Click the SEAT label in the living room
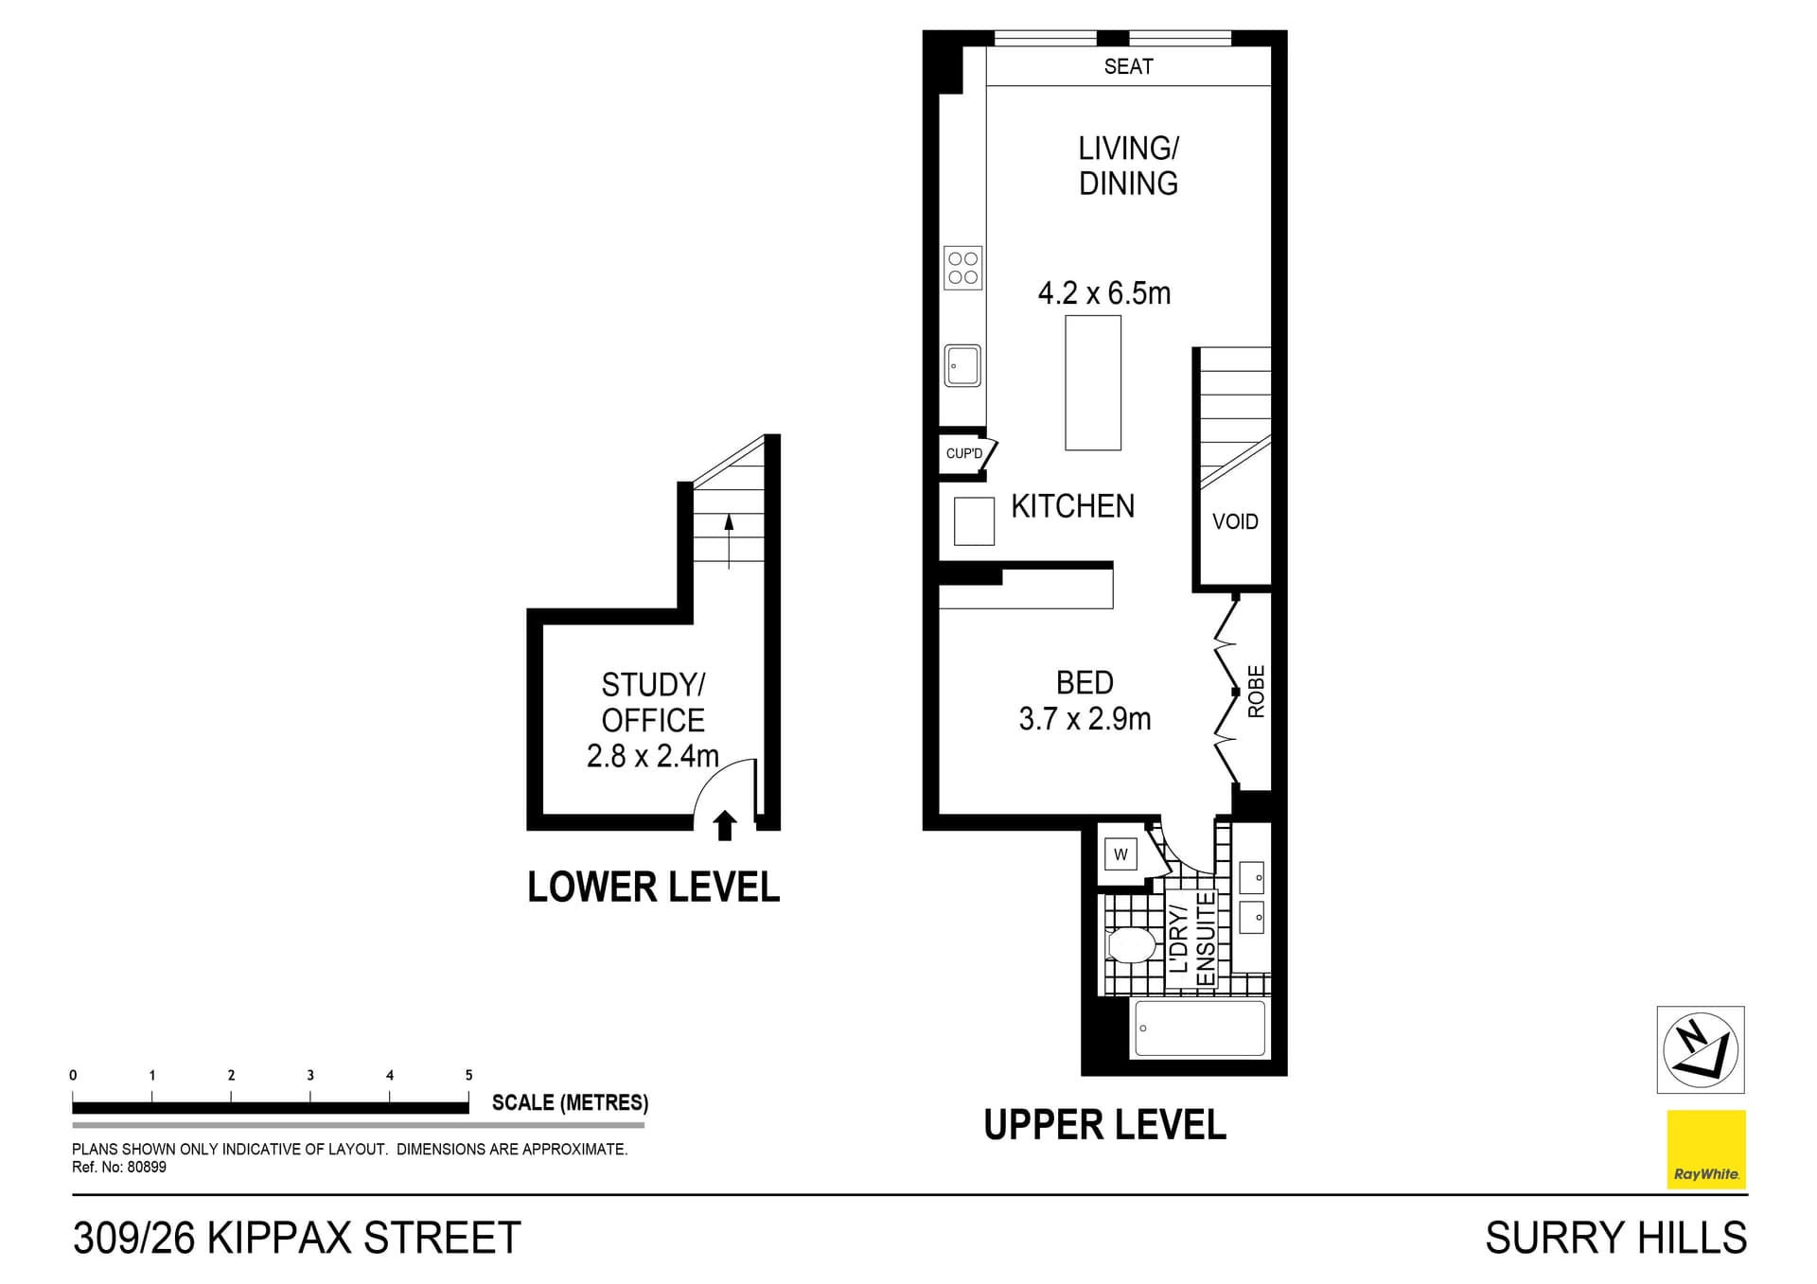coord(1128,66)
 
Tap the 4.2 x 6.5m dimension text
coord(1103,293)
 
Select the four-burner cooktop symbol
coord(962,268)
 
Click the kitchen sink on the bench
coord(962,365)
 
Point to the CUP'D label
coord(963,454)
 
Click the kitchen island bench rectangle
coord(1093,382)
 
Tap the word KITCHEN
coord(1072,507)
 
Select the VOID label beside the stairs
coord(1235,522)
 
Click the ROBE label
coord(1256,692)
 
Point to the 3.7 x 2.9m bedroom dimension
coord(1085,719)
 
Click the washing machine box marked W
coord(1120,855)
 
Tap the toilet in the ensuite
coord(1131,944)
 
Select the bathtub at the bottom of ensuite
coord(1200,1029)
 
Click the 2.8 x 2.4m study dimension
coord(652,756)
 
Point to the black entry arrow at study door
coord(725,825)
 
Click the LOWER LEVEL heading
coord(653,888)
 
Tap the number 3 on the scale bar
coord(310,1075)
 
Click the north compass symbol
coord(1700,1049)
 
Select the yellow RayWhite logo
coord(1705,1149)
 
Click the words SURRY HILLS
coord(1615,1238)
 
